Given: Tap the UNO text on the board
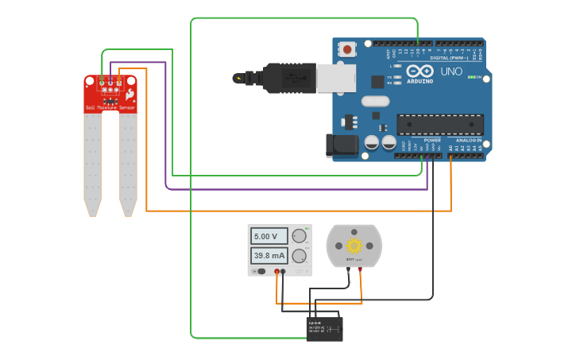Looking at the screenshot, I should point(450,72).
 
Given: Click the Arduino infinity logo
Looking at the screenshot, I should point(420,71).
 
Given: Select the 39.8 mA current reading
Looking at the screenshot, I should point(269,256).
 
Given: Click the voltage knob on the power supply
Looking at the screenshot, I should point(299,236).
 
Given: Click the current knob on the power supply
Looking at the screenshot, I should point(299,256).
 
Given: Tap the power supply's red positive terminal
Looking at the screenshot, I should point(277,272).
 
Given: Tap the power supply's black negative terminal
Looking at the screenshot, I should point(283,272).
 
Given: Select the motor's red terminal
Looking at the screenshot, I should point(360,269).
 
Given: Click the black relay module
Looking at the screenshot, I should point(325,329).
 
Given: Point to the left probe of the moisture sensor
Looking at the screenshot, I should point(93,163).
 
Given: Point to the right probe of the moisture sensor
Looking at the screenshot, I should point(128,163).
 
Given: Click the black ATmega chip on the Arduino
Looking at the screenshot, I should point(440,125).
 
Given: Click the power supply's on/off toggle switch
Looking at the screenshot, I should point(260,272).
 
